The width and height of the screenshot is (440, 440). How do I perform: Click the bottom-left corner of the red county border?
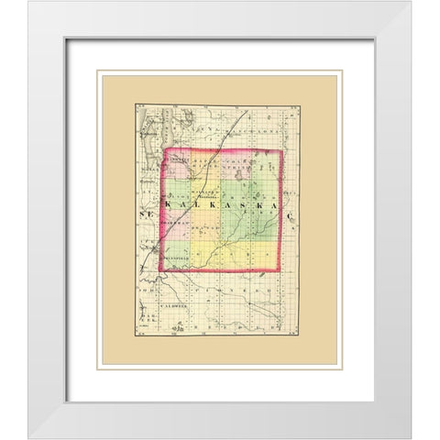point(163,272)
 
